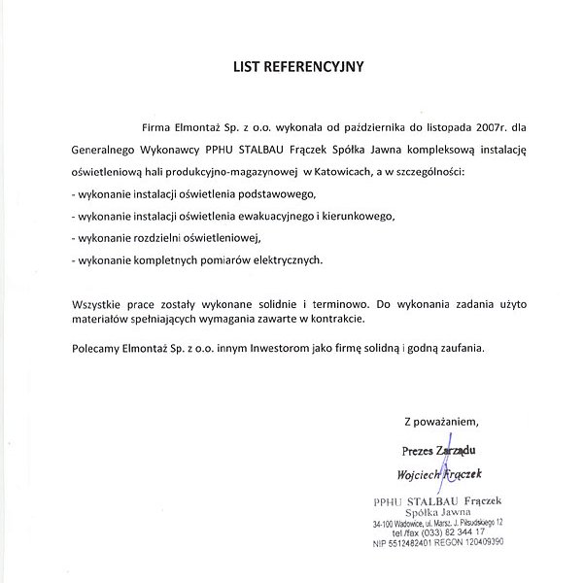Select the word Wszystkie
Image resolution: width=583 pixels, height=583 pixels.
click(x=101, y=304)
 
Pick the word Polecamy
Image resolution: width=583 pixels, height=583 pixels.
click(x=98, y=346)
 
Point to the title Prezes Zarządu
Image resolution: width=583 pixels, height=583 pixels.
click(x=438, y=450)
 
